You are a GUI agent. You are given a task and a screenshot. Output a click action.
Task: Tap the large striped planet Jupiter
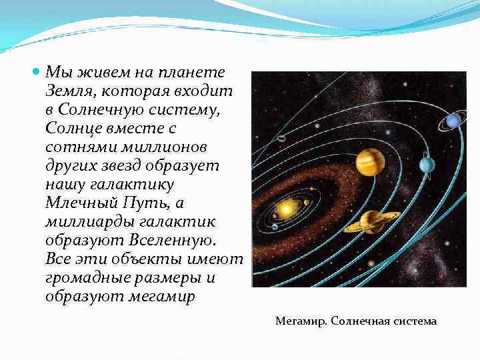point(370,162)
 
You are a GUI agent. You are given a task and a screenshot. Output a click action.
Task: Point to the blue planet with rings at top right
point(453,121)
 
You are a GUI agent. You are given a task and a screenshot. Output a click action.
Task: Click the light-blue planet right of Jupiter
point(427,164)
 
